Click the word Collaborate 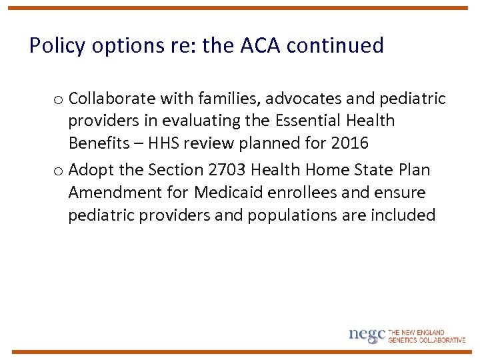[x=111, y=99]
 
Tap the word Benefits [x=99, y=144]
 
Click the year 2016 [x=349, y=144]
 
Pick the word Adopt [x=91, y=170]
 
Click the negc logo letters [x=367, y=335]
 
